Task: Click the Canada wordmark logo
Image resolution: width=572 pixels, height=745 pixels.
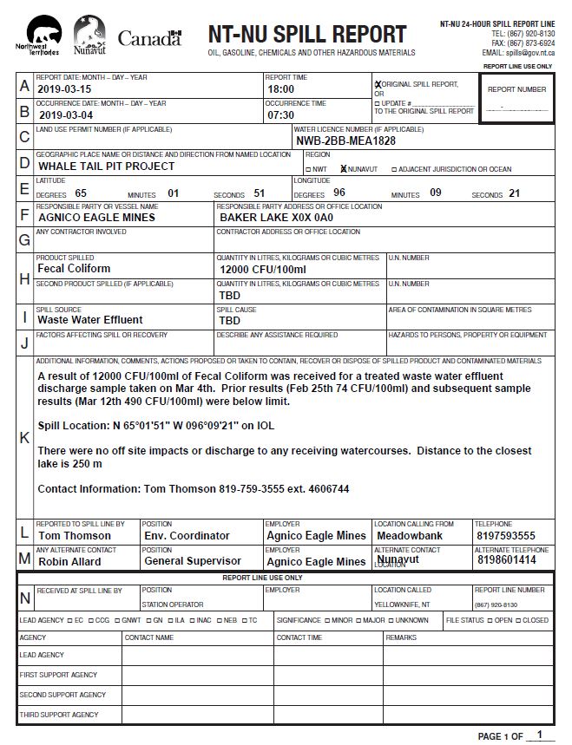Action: [149, 38]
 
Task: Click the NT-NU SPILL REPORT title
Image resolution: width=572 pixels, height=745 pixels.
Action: [306, 34]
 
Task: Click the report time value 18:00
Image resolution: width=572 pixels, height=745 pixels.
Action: [280, 89]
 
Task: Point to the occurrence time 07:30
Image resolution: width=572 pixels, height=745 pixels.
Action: [280, 114]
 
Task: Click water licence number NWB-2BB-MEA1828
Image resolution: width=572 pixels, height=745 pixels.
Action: [346, 141]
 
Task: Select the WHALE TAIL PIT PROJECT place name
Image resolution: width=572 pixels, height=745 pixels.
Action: [106, 167]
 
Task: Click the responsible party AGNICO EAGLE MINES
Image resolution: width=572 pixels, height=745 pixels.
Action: [96, 218]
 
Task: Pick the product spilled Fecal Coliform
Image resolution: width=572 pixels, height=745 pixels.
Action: [74, 269]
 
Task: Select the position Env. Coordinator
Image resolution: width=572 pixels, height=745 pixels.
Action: [187, 536]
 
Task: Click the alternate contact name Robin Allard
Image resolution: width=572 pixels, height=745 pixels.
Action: [69, 561]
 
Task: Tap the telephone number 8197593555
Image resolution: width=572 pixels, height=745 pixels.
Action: [506, 536]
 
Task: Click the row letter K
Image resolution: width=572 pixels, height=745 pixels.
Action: [24, 438]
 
